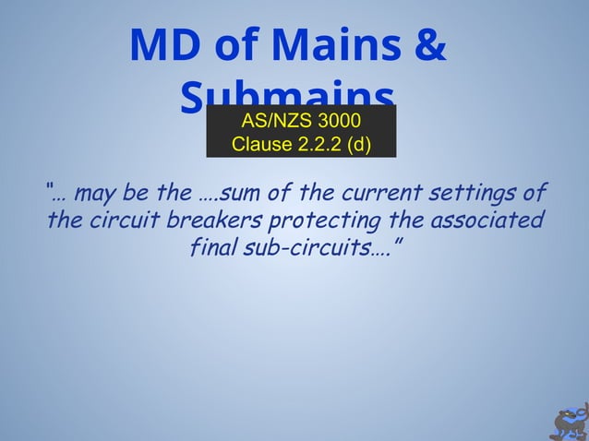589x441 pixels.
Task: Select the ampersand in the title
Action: pos(427,47)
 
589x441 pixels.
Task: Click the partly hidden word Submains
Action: pos(287,94)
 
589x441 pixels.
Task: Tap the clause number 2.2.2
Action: pos(320,145)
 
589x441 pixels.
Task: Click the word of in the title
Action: pos(234,47)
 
